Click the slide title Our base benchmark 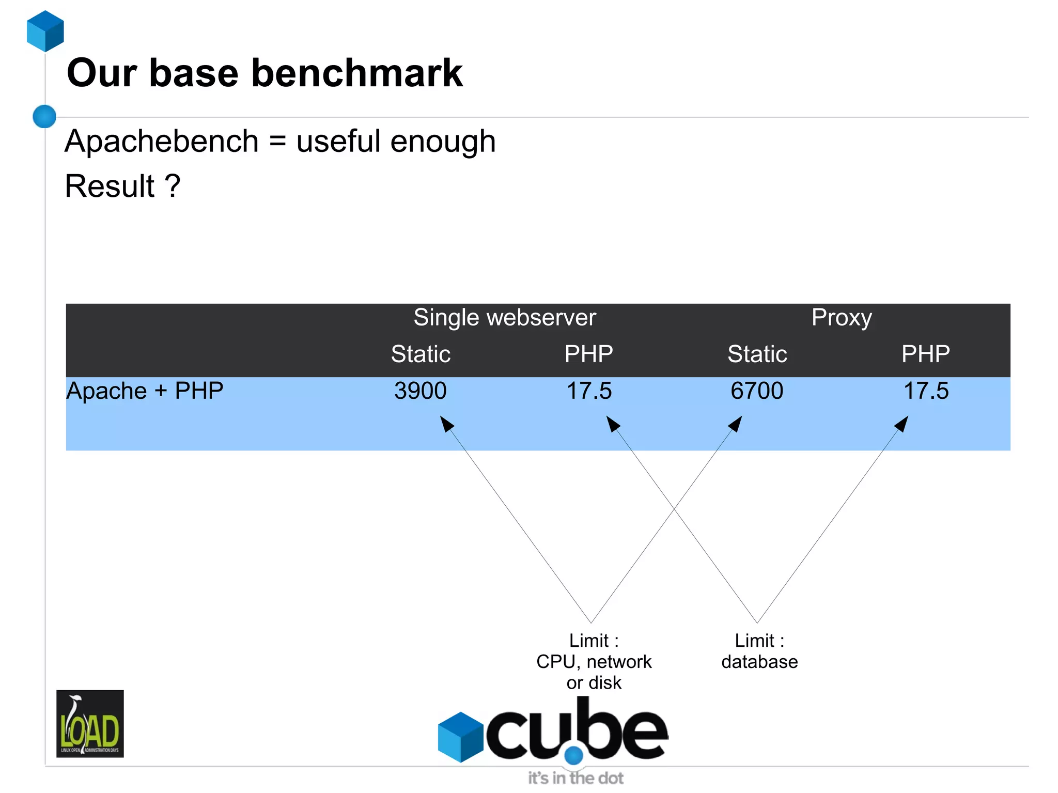click(x=264, y=73)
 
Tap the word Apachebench click(x=162, y=141)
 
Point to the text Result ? click(x=122, y=186)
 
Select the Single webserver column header click(x=505, y=317)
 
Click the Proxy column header click(x=842, y=317)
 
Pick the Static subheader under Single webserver click(x=421, y=354)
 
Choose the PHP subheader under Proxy click(x=925, y=354)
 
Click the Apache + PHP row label click(x=145, y=391)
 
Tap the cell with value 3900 click(x=421, y=391)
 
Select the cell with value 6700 click(x=757, y=391)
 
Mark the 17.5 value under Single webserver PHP click(x=589, y=391)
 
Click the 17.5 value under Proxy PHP click(x=926, y=391)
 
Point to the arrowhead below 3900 click(x=446, y=424)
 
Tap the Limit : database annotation click(x=759, y=651)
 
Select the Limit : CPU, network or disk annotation click(x=594, y=661)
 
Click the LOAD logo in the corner click(x=90, y=723)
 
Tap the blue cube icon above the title click(x=45, y=31)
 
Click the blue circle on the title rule click(x=44, y=116)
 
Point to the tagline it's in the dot click(x=575, y=778)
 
